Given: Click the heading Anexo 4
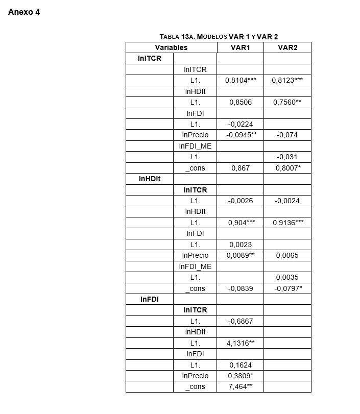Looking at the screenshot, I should click(x=24, y=12).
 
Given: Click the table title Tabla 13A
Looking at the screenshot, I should click(x=219, y=37).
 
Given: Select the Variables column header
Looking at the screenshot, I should click(x=171, y=47).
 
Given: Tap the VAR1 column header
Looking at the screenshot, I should click(x=240, y=47).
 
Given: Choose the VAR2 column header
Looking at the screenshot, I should click(x=287, y=47).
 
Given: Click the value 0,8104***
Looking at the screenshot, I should click(x=240, y=80).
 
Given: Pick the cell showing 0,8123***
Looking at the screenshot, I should click(x=287, y=80).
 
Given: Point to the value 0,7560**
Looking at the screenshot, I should click(x=287, y=102).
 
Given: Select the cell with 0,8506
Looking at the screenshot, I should click(x=240, y=102).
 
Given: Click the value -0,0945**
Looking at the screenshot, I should click(x=240, y=135).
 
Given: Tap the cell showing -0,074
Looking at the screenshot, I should click(x=287, y=135).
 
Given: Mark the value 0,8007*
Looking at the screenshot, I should click(x=287, y=168).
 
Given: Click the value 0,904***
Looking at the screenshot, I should click(x=240, y=223).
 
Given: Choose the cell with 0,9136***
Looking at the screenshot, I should click(x=287, y=223).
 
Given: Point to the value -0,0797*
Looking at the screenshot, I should click(x=287, y=288).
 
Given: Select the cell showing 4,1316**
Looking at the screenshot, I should click(x=240, y=343).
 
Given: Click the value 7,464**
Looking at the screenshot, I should click(x=240, y=386).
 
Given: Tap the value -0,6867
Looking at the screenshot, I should click(x=240, y=321).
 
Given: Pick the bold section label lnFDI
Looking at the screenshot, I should click(x=150, y=299).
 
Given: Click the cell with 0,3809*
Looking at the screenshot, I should click(x=240, y=376).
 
